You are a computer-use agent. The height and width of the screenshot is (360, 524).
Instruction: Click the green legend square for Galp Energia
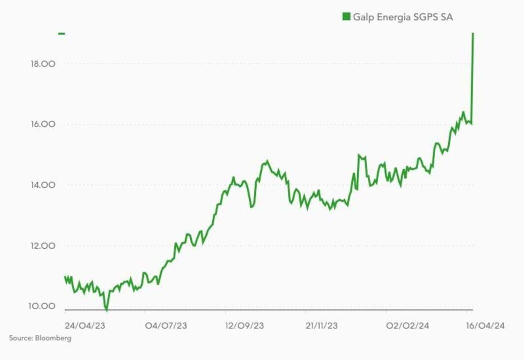[346, 17]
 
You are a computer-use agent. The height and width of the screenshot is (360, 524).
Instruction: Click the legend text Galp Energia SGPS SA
[403, 17]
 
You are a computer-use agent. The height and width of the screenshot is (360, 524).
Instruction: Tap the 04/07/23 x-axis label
[166, 326]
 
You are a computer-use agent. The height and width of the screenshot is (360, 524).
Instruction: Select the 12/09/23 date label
[245, 326]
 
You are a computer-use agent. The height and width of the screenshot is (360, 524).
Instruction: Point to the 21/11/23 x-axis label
[322, 326]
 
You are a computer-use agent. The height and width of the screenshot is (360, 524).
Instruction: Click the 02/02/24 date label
[408, 326]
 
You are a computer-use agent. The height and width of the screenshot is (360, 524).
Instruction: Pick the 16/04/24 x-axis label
[485, 326]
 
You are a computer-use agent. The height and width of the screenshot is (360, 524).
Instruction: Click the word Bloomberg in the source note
[53, 338]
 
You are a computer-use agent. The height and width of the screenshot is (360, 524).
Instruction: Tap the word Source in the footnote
[20, 338]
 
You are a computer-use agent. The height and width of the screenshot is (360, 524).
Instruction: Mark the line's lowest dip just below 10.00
[106, 310]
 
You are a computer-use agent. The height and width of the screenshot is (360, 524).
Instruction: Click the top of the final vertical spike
[473, 34]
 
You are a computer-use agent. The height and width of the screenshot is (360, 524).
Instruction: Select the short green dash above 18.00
[61, 33]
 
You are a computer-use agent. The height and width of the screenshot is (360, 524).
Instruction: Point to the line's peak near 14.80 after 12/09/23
[267, 161]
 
